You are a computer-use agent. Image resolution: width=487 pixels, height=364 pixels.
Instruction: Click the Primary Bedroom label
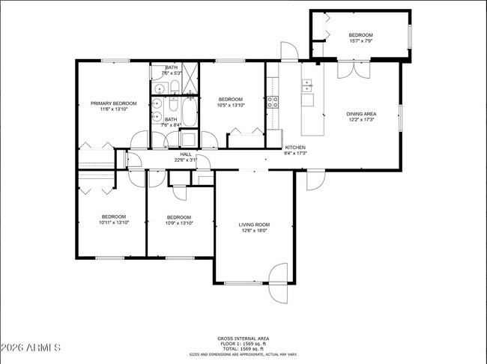click(x=113, y=103)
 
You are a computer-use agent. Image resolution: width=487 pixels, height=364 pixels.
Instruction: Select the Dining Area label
click(x=360, y=114)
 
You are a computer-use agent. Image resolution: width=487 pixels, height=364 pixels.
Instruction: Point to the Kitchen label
click(x=295, y=148)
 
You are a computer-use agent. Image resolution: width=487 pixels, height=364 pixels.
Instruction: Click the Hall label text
click(x=185, y=154)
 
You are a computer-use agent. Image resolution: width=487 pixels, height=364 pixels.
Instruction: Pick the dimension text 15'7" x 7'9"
click(x=360, y=41)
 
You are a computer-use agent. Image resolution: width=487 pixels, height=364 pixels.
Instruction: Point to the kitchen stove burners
click(x=273, y=103)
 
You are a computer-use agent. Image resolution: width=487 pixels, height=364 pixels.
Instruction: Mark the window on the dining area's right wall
click(x=400, y=117)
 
